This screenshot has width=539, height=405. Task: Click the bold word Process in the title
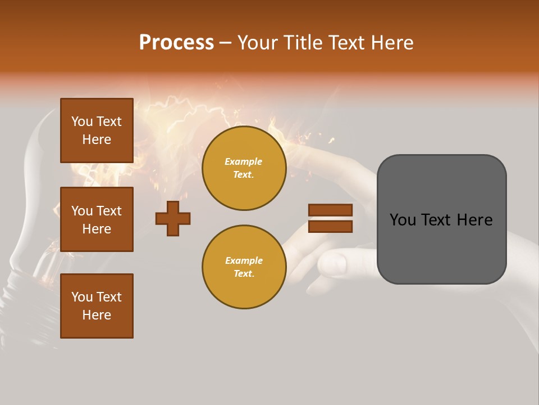(176, 43)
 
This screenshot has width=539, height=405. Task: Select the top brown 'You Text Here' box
(97, 130)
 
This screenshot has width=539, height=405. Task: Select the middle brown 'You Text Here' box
(97, 219)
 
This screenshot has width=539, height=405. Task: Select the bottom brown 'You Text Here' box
(97, 306)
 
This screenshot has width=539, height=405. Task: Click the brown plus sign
(173, 218)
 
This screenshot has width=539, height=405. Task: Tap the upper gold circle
(244, 168)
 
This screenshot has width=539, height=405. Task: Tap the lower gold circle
(244, 267)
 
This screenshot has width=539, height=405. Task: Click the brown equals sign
(330, 218)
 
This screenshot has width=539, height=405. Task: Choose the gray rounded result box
(441, 219)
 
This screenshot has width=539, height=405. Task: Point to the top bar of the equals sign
(330, 210)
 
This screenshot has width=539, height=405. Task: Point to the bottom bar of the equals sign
(330, 226)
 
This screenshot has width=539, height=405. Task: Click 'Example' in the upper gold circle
(244, 162)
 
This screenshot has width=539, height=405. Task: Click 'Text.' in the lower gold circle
(244, 274)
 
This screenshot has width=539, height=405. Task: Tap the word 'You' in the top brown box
(82, 121)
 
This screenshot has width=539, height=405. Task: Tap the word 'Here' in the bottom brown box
(97, 315)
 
